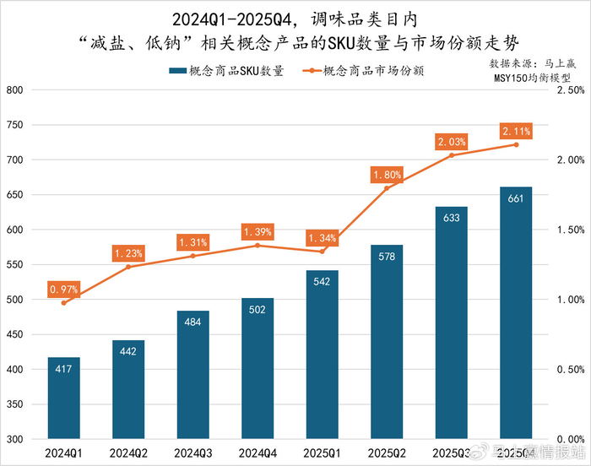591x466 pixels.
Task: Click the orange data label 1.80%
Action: click(386, 175)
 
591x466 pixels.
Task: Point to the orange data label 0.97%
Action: click(63, 290)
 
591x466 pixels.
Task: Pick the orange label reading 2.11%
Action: click(516, 131)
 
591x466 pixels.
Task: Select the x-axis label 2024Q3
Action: click(192, 454)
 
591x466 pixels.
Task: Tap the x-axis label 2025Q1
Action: click(322, 454)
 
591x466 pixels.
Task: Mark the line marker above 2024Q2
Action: click(128, 267)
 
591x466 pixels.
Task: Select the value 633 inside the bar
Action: click(451, 219)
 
